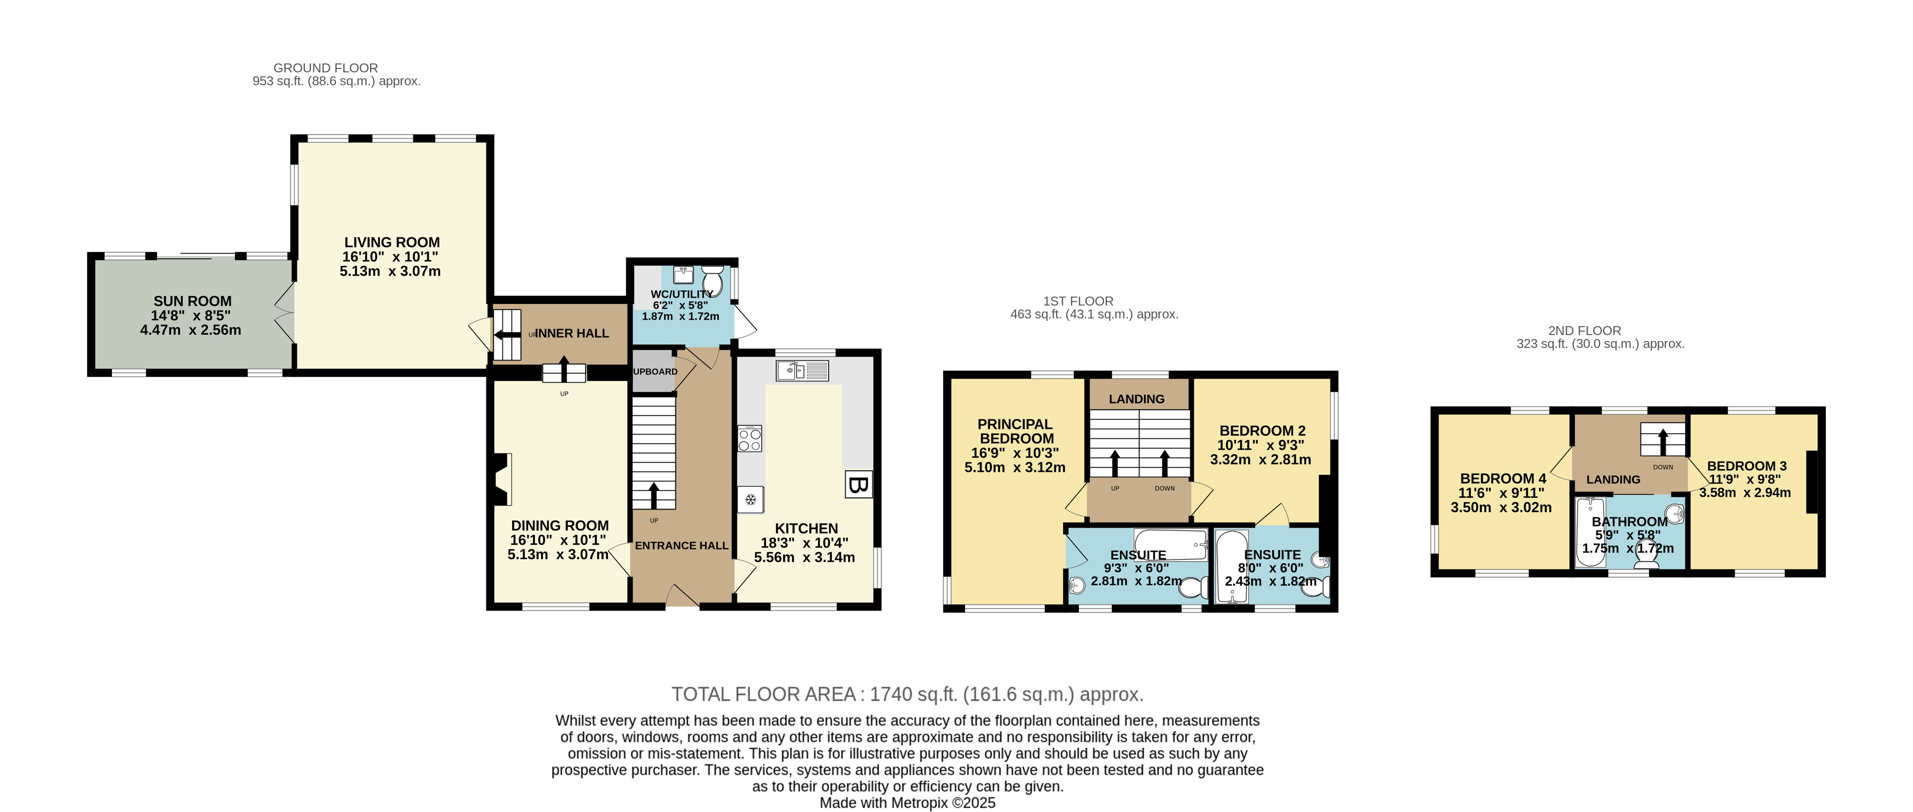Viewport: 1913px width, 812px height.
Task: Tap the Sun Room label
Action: tap(192, 301)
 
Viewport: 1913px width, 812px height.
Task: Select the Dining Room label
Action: tap(560, 525)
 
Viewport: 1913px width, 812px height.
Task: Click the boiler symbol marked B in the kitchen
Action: tap(858, 484)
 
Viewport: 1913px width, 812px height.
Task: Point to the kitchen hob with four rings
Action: tap(750, 438)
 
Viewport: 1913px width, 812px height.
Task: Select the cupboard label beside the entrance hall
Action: tap(655, 371)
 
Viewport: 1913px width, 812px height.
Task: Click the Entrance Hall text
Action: tap(682, 545)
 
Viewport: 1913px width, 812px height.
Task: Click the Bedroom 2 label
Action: tap(1263, 430)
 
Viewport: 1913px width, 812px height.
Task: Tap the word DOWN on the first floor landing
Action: tap(1165, 488)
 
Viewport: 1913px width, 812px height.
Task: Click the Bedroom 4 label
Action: tap(1503, 478)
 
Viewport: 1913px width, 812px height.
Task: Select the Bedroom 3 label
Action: tap(1747, 466)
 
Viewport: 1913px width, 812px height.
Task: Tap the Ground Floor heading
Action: tap(326, 67)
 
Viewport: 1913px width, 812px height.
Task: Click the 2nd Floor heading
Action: tap(1585, 331)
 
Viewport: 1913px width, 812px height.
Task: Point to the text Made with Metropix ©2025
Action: tap(907, 803)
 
